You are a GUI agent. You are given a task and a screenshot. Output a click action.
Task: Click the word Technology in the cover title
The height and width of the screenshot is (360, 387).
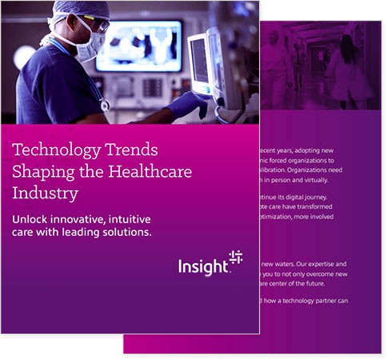pos(51,150)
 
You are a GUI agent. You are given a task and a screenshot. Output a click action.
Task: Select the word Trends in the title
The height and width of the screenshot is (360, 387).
pos(129,150)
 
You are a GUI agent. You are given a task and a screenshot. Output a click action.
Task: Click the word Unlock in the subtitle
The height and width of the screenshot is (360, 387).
pos(31,219)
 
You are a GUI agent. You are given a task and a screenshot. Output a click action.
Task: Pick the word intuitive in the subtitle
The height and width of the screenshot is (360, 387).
pos(130,219)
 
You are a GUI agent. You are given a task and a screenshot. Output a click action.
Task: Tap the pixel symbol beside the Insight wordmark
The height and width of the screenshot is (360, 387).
pos(234,257)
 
